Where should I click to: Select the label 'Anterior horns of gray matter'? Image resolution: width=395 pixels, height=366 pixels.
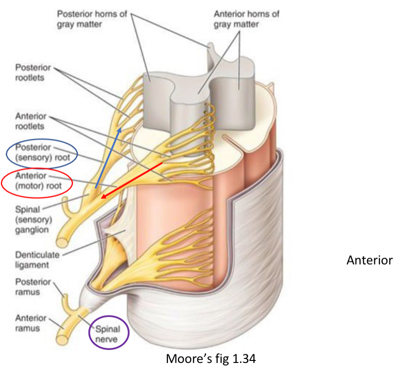point(246,19)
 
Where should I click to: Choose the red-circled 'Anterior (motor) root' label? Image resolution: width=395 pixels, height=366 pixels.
point(36,181)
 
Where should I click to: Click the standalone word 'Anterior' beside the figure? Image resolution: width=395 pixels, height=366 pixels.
point(369,260)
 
